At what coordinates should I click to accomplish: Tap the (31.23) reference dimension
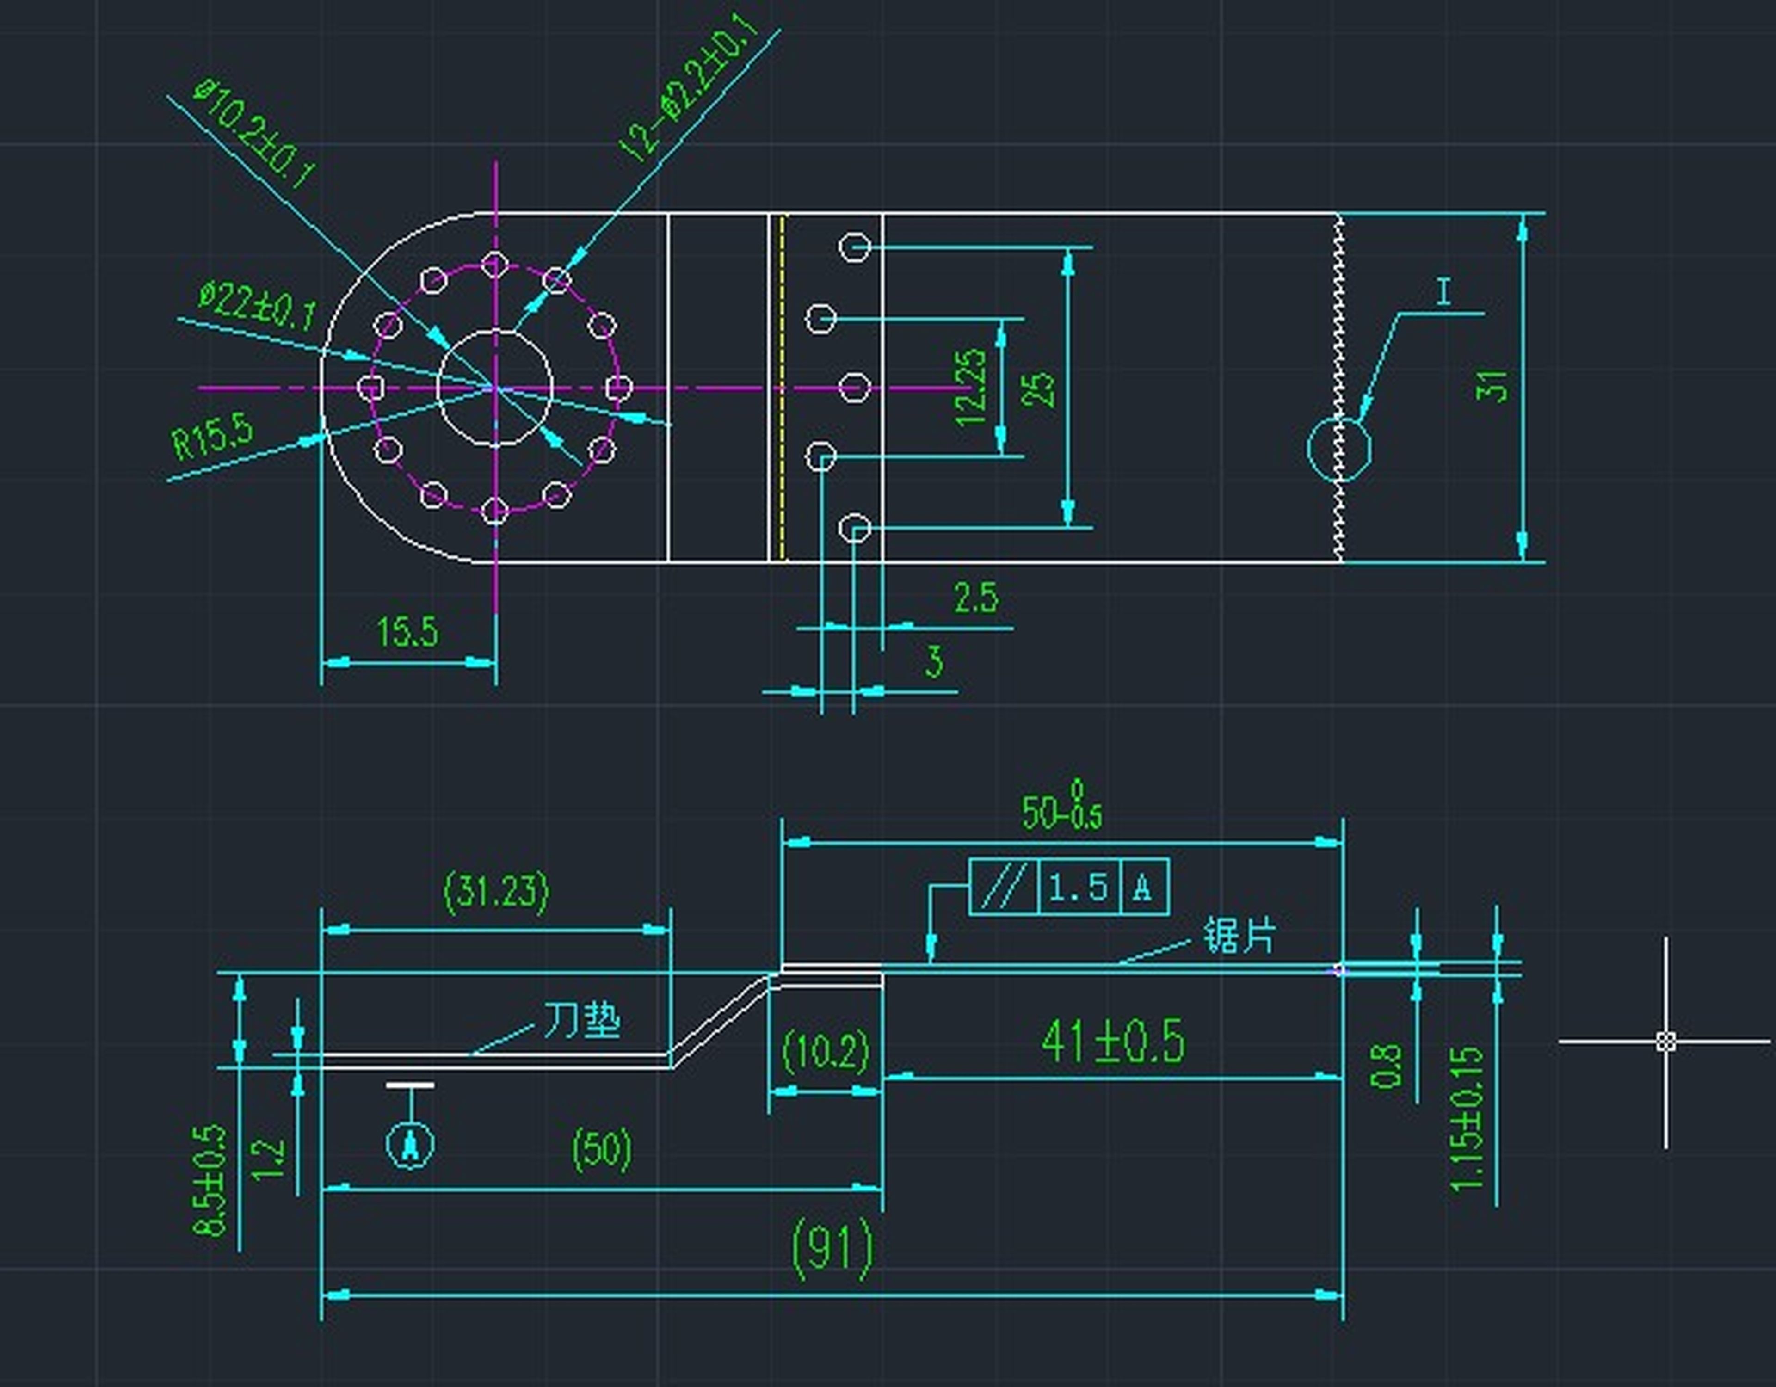[x=496, y=891]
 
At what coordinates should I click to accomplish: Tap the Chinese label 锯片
[x=1239, y=936]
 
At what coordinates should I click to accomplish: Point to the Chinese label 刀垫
[x=581, y=1019]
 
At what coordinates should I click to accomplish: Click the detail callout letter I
[x=1444, y=291]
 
